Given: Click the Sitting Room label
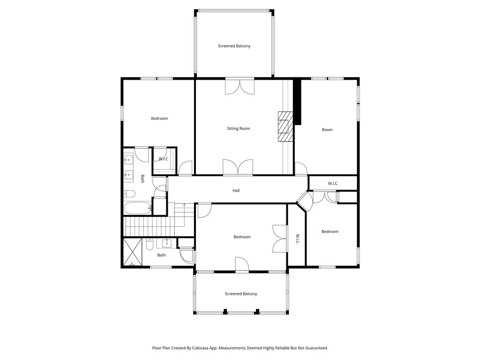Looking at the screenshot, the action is coord(239,128).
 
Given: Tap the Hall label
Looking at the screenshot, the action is coord(236,190).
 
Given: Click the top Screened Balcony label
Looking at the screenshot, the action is coord(234,46).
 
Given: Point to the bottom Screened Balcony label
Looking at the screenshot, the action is coord(241,294).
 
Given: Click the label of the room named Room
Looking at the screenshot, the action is coord(327,130).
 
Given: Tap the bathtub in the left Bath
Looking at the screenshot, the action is coord(138,209).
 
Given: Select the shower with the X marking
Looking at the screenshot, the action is coord(133,252).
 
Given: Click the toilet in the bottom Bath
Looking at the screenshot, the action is coord(150,245).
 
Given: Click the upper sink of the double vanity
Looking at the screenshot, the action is coord(128,159).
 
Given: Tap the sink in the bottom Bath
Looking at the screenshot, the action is coord(167,244).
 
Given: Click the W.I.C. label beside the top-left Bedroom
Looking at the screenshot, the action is coord(164,159).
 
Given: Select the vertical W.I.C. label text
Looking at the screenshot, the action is coord(297,239).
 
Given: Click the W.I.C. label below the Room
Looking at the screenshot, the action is coord(333,183).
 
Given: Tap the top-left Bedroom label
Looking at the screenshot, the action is coord(159,119).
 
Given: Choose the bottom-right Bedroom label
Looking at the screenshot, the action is coord(330,232).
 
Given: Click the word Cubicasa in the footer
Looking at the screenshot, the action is coord(200,348).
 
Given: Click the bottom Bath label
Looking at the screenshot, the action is coord(162,255).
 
